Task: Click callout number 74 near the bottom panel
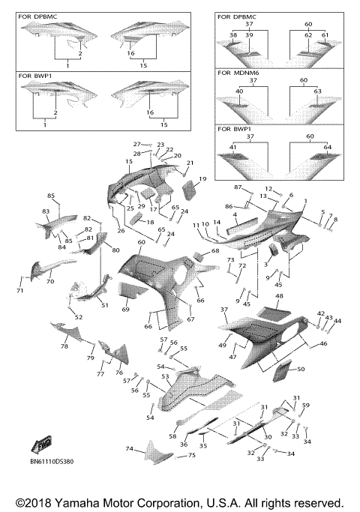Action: tap(129, 449)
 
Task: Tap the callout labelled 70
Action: tap(49, 282)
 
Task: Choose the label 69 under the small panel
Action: tap(125, 309)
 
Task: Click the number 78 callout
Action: tap(64, 347)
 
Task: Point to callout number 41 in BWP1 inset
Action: tap(232, 147)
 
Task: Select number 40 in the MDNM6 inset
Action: tap(239, 91)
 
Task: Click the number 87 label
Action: tap(237, 187)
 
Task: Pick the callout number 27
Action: tap(136, 144)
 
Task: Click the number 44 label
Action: tap(337, 320)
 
